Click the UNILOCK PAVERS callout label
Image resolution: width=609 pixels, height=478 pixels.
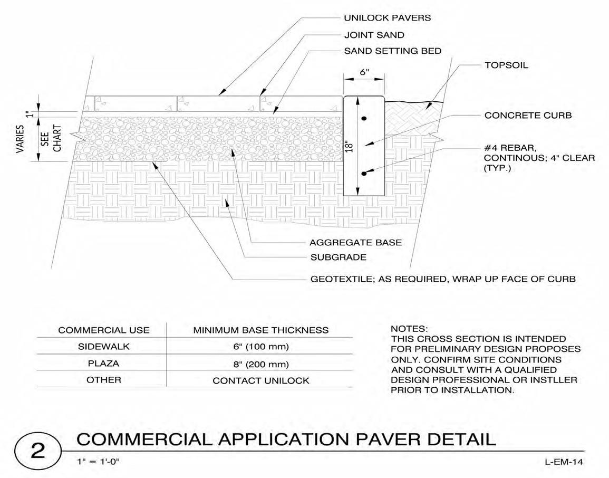tap(387, 18)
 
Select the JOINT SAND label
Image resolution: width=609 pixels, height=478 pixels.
tap(374, 35)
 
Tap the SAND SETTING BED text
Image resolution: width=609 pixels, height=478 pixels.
tap(392, 51)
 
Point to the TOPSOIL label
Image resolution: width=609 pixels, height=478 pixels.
tap(506, 65)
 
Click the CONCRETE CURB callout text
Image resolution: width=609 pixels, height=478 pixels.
tap(528, 116)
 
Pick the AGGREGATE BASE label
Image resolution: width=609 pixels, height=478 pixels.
tap(355, 243)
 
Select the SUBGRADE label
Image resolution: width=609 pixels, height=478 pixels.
tap(337, 257)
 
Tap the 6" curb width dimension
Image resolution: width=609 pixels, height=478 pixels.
tap(364, 73)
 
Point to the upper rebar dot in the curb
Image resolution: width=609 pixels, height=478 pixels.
tap(364, 119)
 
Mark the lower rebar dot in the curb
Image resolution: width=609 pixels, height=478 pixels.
tap(364, 173)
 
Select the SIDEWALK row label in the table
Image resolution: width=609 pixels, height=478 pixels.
tap(103, 347)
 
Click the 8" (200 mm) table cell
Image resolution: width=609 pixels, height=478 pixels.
tap(260, 364)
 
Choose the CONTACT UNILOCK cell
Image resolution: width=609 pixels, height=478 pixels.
tap(260, 380)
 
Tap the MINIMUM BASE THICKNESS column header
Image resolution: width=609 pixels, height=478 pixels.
tap(260, 330)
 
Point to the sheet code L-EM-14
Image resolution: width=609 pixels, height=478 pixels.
tap(564, 462)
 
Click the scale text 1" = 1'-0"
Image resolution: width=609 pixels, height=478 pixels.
tap(98, 462)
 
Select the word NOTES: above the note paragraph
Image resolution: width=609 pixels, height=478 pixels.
tap(409, 329)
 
